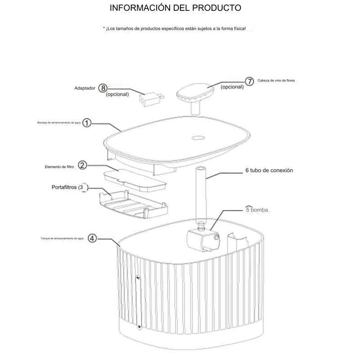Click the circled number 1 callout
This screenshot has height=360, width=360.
click(88, 123)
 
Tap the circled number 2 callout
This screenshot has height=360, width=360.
click(82, 165)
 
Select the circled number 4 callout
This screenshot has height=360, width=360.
click(92, 238)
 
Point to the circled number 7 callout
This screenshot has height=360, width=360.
click(250, 81)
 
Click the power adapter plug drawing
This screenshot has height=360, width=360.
click(149, 99)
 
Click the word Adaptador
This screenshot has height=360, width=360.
click(85, 89)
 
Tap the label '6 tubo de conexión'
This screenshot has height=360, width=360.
click(269, 171)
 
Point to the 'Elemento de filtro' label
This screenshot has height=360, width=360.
click(60, 166)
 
